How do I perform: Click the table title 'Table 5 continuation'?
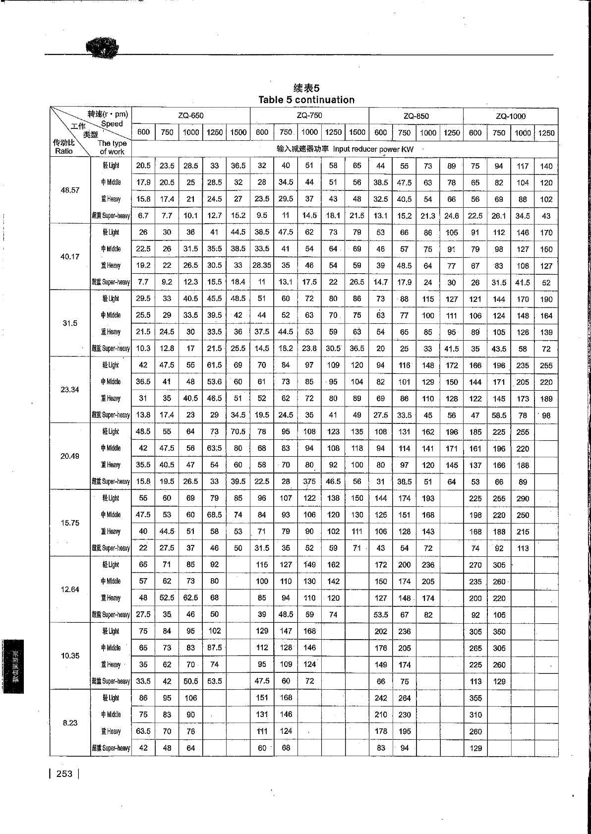[306, 100]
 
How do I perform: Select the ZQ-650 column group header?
[191, 116]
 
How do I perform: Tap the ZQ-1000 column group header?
[511, 117]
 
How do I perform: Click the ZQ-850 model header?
[416, 116]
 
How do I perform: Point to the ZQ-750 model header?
[309, 116]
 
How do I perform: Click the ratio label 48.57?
[70, 190]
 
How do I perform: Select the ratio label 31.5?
[70, 323]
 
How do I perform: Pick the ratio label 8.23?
[70, 723]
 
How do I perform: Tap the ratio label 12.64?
[70, 590]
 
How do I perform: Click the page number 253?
[64, 774]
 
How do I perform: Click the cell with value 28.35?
[262, 266]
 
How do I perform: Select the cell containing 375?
[309, 481]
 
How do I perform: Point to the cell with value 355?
[475, 698]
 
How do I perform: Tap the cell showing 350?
[499, 632]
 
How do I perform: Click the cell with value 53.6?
[214, 382]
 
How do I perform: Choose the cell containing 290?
[523, 498]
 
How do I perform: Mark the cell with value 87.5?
[214, 648]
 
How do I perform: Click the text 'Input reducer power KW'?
[373, 149]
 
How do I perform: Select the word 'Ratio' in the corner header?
[64, 151]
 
